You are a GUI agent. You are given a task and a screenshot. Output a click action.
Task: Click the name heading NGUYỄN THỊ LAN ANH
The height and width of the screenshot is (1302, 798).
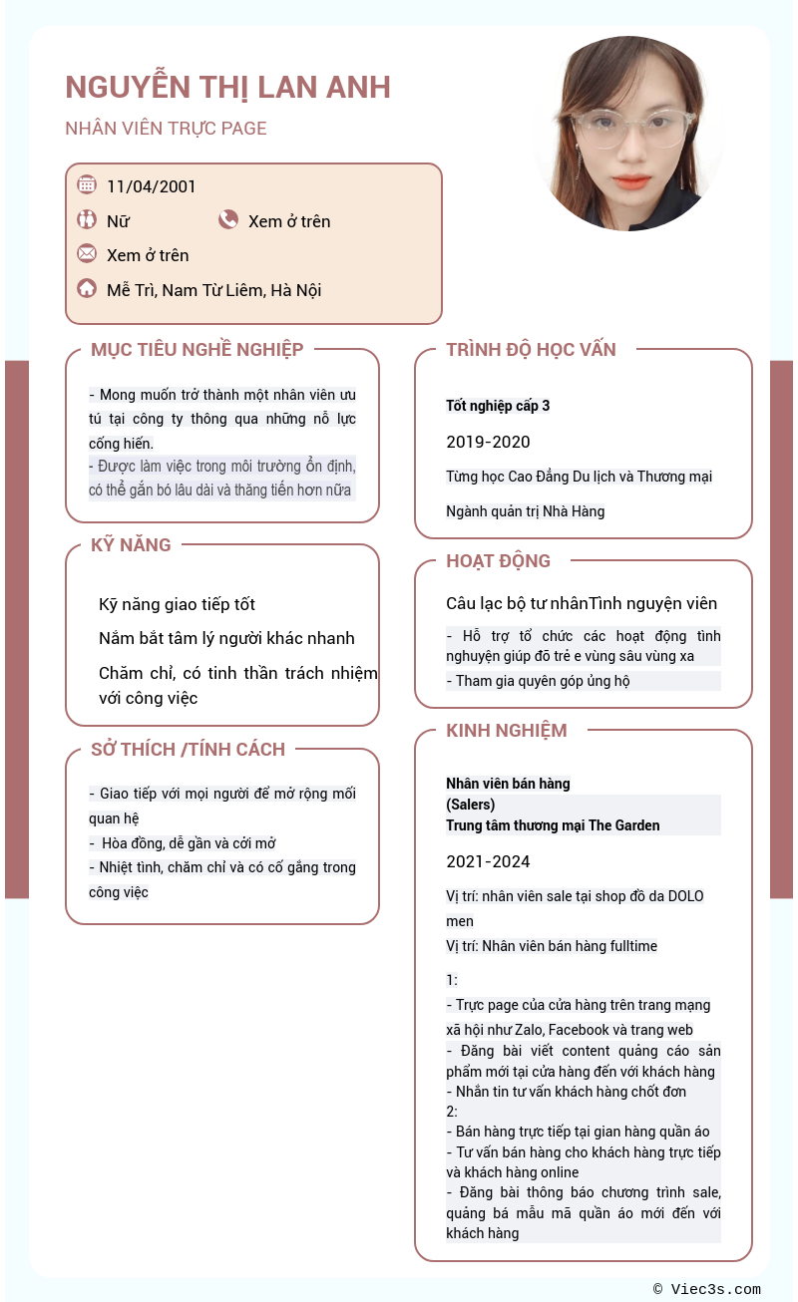click(227, 88)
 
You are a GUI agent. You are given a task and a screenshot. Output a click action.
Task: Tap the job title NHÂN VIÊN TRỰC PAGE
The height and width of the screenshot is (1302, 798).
click(166, 128)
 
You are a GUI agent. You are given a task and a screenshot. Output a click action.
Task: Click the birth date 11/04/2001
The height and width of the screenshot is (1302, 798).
click(152, 186)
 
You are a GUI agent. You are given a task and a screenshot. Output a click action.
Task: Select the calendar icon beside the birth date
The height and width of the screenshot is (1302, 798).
click(87, 184)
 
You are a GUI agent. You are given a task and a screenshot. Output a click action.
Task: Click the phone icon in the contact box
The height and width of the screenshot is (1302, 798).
click(228, 220)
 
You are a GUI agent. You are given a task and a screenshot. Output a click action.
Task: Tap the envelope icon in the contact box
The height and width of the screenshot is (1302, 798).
click(87, 253)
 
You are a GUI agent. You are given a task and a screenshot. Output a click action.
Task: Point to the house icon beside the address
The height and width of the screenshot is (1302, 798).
click(87, 289)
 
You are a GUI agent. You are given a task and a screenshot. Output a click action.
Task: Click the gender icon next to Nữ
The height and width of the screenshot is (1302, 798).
click(87, 220)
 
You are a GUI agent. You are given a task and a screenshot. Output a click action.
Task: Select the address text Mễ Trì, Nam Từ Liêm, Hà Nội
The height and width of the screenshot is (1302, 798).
click(213, 290)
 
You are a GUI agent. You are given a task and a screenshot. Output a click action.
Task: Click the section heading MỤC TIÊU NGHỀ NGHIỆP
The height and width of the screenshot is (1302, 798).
click(197, 350)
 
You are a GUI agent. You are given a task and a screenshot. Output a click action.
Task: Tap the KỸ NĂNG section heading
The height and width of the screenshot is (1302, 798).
click(131, 545)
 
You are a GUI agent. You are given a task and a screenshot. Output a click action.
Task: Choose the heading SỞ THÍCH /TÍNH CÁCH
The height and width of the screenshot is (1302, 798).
click(188, 750)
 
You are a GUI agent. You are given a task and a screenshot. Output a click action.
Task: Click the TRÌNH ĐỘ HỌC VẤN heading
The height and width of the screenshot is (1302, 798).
click(531, 350)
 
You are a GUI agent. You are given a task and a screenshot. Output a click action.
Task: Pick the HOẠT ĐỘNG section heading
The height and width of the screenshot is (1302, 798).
click(498, 561)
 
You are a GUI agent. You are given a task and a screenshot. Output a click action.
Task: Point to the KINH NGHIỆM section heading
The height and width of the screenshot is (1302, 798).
click(506, 731)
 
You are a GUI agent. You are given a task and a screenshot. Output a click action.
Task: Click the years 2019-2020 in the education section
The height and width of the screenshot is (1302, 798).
click(488, 442)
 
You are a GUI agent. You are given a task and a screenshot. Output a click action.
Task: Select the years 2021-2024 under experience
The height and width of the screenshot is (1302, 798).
click(488, 861)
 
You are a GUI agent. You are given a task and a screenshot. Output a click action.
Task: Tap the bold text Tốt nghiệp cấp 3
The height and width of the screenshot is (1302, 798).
click(498, 406)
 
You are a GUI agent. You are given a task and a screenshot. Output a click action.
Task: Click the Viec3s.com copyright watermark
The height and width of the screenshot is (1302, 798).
click(706, 1289)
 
